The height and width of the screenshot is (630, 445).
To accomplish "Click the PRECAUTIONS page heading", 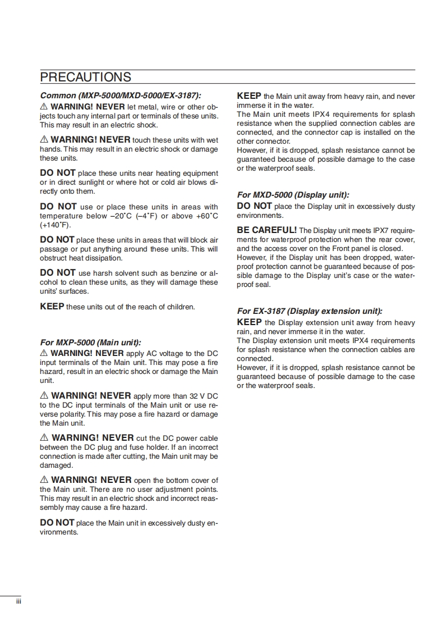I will tap(86, 77).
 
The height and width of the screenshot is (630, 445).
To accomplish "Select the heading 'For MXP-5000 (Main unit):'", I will tap(90, 342).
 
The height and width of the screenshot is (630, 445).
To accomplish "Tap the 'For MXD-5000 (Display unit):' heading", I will tap(293, 195).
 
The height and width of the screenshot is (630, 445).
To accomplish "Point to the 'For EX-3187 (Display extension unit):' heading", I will tap(310, 311).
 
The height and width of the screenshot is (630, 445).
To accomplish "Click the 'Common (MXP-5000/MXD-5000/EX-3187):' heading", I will tap(121, 95).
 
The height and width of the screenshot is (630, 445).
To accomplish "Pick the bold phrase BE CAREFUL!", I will tap(267, 230).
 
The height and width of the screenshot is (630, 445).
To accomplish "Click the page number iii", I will tap(17, 601).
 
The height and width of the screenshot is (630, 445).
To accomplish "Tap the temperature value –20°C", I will tap(123, 216).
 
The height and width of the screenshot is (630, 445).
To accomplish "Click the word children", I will tap(181, 307).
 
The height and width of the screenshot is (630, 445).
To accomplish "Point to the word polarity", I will tap(71, 414).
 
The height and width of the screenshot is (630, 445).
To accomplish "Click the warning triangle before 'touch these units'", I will tap(44, 139).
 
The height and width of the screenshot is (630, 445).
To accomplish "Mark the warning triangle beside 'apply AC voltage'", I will tap(44, 353).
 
